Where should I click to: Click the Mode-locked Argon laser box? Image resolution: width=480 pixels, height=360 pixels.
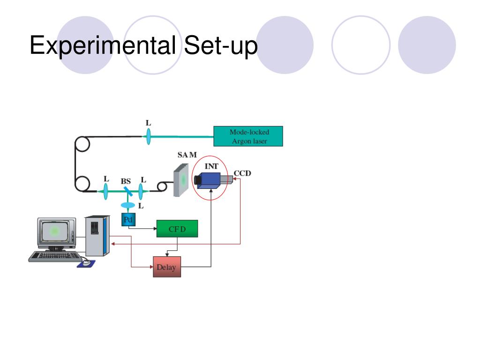pyautogui.click(x=248, y=136)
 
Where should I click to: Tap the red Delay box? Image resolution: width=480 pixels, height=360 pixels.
pyautogui.click(x=166, y=267)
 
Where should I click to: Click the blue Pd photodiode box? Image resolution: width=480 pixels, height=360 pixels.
pyautogui.click(x=127, y=219)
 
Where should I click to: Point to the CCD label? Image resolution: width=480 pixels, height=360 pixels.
pyautogui.click(x=242, y=173)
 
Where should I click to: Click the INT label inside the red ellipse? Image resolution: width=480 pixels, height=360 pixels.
pyautogui.click(x=211, y=165)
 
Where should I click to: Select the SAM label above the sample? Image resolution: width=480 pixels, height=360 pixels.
pyautogui.click(x=187, y=155)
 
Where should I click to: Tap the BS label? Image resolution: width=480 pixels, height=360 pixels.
pyautogui.click(x=126, y=181)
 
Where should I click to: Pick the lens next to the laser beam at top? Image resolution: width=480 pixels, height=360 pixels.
pyautogui.click(x=149, y=136)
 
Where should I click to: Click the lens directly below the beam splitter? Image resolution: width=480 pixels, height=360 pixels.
pyautogui.click(x=127, y=205)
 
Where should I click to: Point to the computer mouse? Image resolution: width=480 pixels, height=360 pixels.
pyautogui.click(x=86, y=262)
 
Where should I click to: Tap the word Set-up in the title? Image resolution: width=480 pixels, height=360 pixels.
pyautogui.click(x=221, y=46)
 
